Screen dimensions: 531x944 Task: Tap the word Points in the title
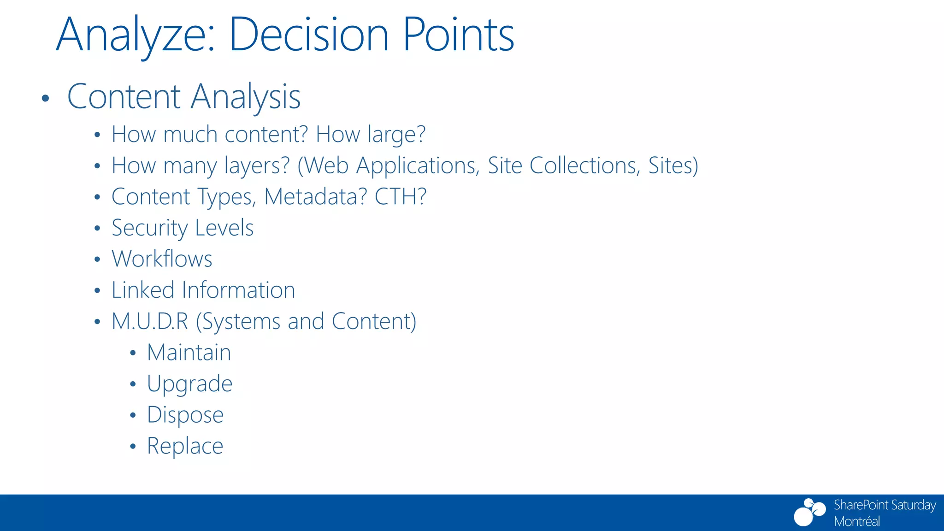(x=459, y=35)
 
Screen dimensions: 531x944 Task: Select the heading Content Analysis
(x=184, y=97)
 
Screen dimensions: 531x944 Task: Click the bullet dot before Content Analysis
(x=45, y=98)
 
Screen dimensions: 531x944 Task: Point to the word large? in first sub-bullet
(x=396, y=135)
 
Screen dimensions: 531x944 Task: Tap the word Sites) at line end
(x=673, y=165)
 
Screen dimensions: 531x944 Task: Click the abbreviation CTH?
(x=400, y=197)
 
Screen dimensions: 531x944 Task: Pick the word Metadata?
(x=316, y=197)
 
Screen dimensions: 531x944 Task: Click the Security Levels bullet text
(x=183, y=228)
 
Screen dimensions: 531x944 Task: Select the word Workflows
(x=162, y=259)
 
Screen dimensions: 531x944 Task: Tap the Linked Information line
(x=203, y=290)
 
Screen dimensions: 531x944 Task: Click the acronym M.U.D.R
(x=150, y=321)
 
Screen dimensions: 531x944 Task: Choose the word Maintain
(x=189, y=353)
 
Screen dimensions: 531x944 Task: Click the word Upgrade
(x=189, y=384)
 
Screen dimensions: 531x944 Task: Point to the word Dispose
(x=185, y=415)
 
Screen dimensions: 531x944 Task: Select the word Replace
(x=185, y=446)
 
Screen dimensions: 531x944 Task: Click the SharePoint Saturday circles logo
(x=809, y=512)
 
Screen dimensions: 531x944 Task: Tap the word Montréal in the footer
(x=856, y=521)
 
